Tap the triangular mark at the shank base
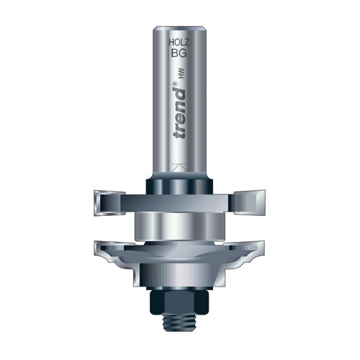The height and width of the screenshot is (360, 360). pos(179,168)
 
